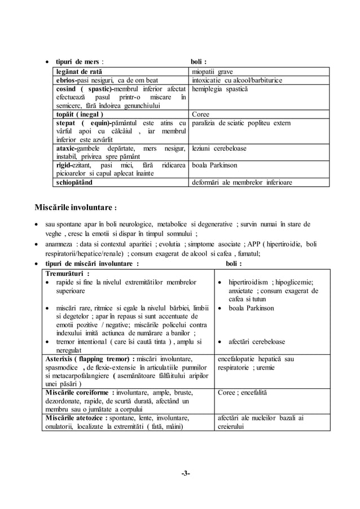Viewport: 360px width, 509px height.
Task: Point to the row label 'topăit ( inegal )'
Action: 80,114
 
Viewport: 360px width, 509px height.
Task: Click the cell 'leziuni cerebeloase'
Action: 219,148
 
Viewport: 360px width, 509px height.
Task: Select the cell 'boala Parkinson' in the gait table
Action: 215,165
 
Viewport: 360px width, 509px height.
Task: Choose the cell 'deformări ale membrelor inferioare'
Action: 242,182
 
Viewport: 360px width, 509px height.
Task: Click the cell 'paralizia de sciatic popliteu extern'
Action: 242,123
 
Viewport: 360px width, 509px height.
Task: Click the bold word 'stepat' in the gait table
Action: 66,123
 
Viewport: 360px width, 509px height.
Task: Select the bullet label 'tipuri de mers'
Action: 77,61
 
